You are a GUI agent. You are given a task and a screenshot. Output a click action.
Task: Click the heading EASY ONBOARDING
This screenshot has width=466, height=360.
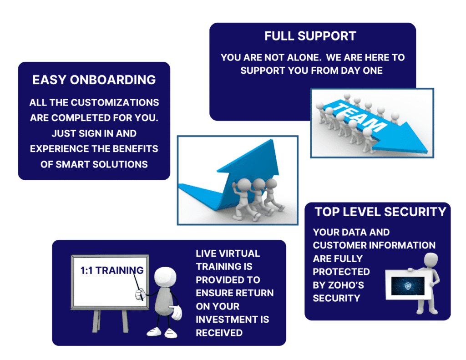(94, 80)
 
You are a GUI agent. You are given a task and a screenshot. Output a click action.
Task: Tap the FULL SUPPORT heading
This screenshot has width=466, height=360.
(310, 36)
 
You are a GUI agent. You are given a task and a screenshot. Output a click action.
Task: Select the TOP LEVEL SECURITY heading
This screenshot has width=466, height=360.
(380, 212)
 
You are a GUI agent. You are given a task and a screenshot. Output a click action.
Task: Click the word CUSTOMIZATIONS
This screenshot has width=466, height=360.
(115, 102)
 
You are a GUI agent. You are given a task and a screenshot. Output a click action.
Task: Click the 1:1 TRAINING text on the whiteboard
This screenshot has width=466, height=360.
(112, 270)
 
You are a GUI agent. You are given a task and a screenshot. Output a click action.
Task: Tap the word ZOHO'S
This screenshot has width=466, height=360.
(346, 285)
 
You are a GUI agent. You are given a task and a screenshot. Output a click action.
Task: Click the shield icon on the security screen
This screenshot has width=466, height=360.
(408, 286)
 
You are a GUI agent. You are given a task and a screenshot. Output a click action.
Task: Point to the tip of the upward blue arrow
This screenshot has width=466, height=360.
(272, 140)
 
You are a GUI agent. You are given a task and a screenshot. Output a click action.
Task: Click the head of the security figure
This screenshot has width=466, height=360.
(431, 260)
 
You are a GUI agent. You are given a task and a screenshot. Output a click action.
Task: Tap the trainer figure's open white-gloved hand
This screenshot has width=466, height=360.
(176, 313)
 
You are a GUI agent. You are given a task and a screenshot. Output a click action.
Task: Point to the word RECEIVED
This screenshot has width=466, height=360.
(219, 333)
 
